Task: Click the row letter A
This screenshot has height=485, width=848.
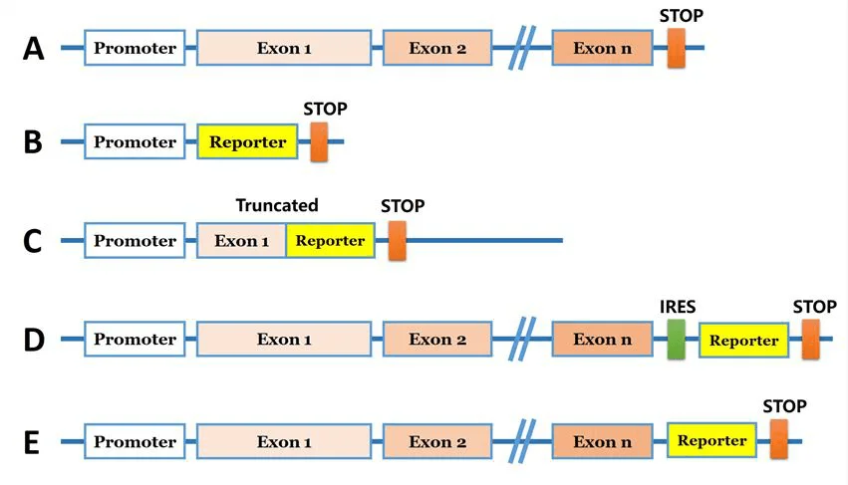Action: point(34,48)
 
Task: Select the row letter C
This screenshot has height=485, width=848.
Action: point(33,241)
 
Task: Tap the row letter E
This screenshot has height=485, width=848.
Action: point(32,441)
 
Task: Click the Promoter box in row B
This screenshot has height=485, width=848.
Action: point(135,142)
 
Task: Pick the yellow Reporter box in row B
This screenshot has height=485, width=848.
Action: point(248,142)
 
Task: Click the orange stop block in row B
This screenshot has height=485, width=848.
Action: point(319,141)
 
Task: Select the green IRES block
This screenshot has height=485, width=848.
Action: point(677,340)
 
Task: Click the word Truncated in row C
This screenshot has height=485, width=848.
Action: point(277,206)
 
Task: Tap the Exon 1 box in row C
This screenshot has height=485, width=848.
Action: point(242,241)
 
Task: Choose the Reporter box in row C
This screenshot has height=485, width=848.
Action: point(330,241)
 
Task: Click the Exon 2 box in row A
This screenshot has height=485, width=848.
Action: point(437,48)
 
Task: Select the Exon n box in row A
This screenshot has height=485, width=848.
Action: point(602,48)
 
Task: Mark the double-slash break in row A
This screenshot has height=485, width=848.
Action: point(519,49)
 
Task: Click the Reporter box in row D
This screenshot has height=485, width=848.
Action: point(743,341)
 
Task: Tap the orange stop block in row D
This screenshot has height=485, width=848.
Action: point(811,340)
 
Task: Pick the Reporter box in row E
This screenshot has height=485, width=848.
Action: point(711,440)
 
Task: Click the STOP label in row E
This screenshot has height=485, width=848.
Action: point(784,405)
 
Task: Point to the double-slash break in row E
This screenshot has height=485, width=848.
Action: point(519,441)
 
